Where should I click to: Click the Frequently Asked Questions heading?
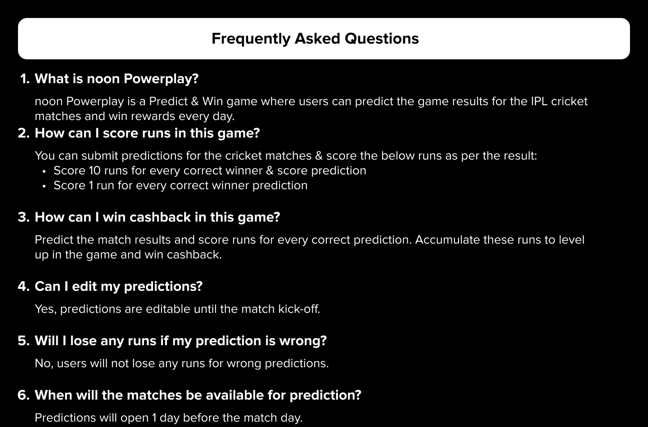(315, 39)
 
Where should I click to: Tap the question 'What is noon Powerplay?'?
(117, 79)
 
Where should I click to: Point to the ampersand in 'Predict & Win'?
(195, 102)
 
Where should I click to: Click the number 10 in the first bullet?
(94, 170)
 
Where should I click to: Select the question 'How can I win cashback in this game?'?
(157, 217)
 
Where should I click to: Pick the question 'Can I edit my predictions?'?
(119, 287)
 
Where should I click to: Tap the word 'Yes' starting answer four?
(46, 309)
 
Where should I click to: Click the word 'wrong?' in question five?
(303, 341)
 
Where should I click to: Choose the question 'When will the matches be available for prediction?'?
(198, 395)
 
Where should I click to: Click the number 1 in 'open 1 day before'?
(154, 418)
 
